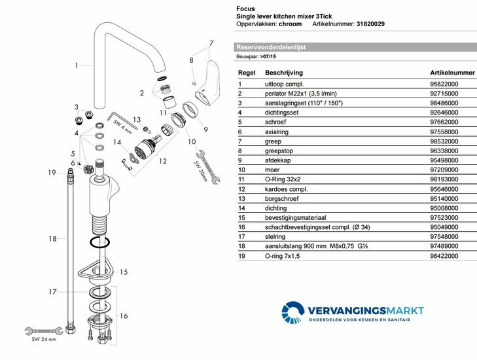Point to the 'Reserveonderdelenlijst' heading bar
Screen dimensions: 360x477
(272, 47)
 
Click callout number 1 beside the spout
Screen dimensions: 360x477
(76, 65)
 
